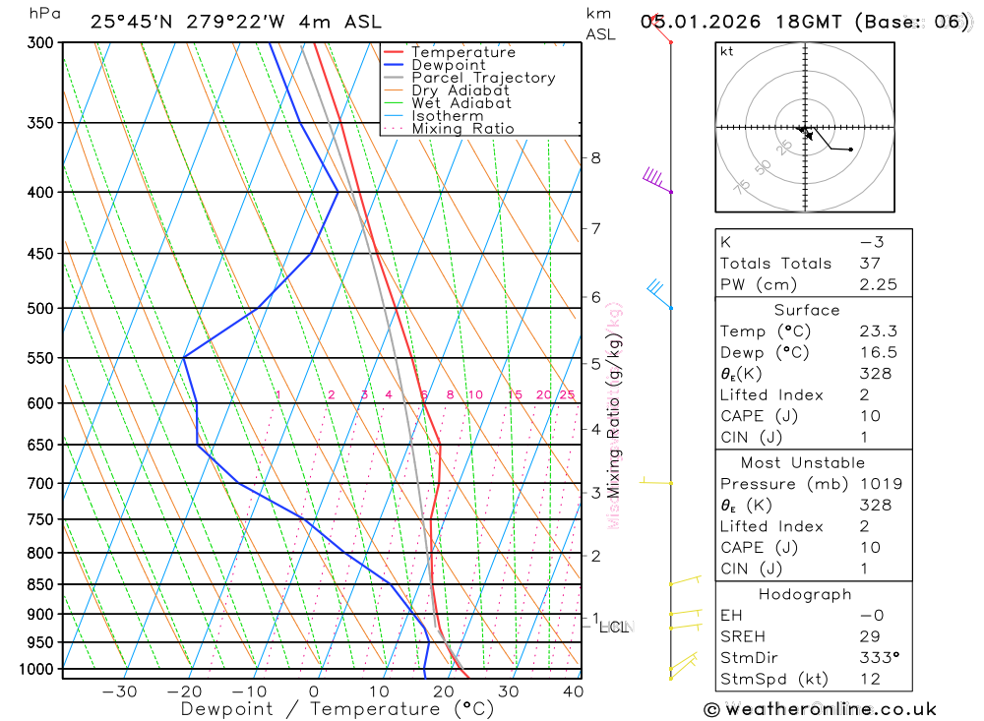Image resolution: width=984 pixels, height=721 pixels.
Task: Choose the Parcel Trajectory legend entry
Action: pyautogui.click(x=482, y=78)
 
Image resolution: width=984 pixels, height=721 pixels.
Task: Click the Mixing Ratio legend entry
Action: pyautogui.click(x=462, y=128)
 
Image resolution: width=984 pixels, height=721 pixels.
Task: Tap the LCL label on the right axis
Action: pyautogui.click(x=614, y=627)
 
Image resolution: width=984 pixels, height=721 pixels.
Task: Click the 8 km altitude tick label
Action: pyautogui.click(x=595, y=157)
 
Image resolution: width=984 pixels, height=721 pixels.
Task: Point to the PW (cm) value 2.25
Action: pyautogui.click(x=871, y=284)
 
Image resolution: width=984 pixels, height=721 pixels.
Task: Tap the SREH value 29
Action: pyautogui.click(x=871, y=637)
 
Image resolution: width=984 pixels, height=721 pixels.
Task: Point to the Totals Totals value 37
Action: pyautogui.click(x=871, y=263)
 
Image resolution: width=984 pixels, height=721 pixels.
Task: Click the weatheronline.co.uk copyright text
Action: pyautogui.click(x=820, y=709)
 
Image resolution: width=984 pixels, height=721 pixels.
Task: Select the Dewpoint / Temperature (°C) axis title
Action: pyautogui.click(x=337, y=708)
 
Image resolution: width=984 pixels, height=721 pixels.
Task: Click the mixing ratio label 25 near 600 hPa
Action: pyautogui.click(x=567, y=395)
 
